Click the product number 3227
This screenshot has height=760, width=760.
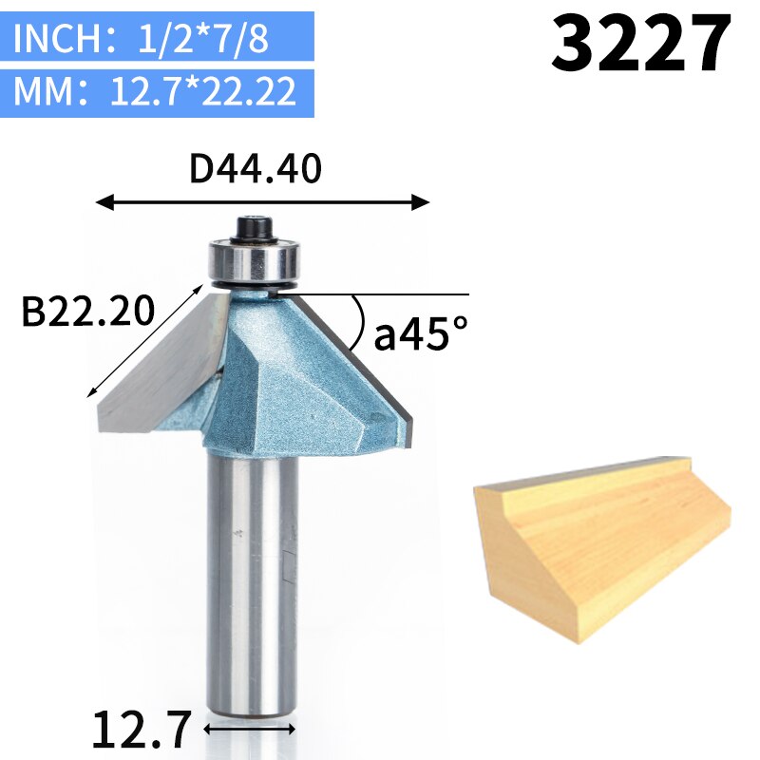(x=641, y=45)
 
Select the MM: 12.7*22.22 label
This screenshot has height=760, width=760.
(x=157, y=92)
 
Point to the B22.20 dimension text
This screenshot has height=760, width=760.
(x=87, y=311)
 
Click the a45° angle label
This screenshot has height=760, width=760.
(x=421, y=333)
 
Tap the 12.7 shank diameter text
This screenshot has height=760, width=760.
(x=142, y=729)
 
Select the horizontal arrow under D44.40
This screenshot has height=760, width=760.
(x=264, y=202)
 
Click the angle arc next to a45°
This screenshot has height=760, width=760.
(x=360, y=323)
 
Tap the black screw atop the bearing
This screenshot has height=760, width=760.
(x=253, y=228)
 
